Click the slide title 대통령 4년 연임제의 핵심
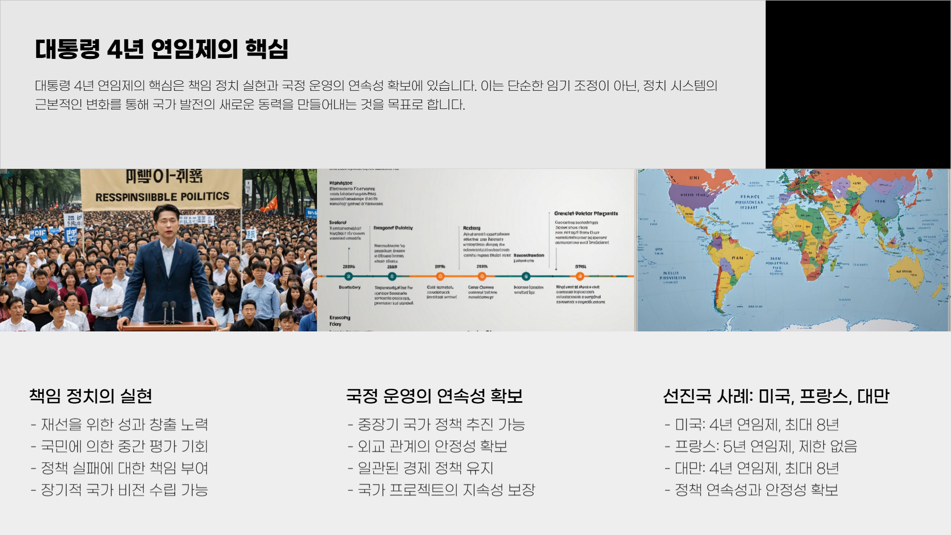(161, 50)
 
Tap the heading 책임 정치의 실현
(91, 396)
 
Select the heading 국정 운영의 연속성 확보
(434, 396)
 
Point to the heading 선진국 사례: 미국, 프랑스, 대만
(776, 396)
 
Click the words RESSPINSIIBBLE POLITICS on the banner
(162, 197)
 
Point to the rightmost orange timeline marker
(580, 276)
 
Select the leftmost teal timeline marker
(349, 276)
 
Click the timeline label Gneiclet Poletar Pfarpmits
(586, 214)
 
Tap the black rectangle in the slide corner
(858, 84)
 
